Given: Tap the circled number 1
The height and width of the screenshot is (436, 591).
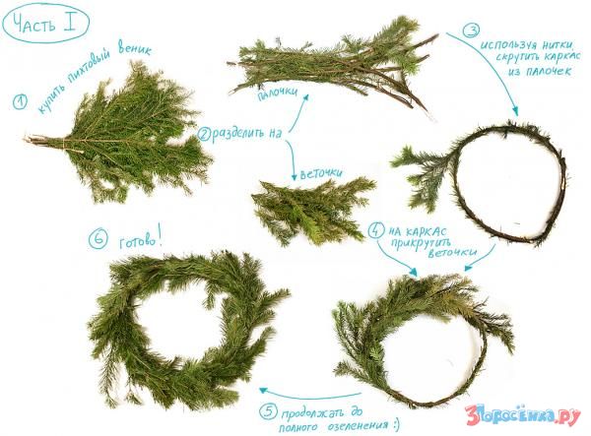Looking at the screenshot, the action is click(x=20, y=102).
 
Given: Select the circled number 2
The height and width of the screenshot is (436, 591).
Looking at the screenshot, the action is click(x=204, y=135).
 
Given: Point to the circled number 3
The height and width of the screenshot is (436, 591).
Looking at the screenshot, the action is click(x=471, y=30).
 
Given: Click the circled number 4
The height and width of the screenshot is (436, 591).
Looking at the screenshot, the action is click(x=375, y=229).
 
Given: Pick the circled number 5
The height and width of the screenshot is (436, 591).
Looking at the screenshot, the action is click(x=268, y=411).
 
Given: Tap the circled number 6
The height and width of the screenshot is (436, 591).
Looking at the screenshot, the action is click(x=98, y=240).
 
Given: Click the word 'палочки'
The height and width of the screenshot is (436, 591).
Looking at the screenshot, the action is click(x=277, y=93).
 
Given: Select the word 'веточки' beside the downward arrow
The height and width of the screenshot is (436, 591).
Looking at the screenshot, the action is click(x=321, y=173).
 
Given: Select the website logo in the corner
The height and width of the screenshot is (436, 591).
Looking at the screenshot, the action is click(x=523, y=415).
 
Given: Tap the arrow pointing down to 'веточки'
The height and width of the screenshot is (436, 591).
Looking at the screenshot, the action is click(x=292, y=159).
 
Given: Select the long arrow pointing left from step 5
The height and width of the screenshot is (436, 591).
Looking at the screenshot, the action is click(x=309, y=395).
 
